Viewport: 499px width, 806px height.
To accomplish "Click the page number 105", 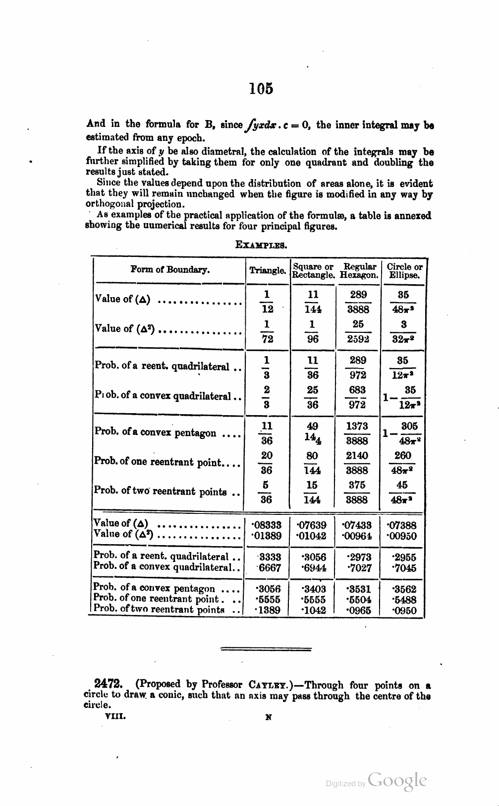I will coord(261,89).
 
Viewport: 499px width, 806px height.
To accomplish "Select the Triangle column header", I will coord(268,271).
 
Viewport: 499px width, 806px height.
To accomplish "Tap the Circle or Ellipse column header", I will coord(404,271).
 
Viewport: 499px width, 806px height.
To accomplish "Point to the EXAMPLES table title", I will coord(262,245).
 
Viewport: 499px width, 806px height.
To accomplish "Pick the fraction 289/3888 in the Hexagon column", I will coord(358,302).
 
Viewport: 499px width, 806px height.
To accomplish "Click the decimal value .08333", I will coord(267,525).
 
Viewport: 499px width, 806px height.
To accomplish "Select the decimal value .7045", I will coord(404,568).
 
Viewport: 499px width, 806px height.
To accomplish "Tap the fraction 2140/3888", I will coord(357,462).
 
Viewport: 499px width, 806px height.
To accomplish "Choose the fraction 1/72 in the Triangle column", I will coord(267,331).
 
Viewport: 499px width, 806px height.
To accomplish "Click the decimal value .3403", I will coord(313,589).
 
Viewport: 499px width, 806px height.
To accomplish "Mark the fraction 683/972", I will coord(357,397).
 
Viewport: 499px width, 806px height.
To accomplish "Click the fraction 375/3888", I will coord(357,492).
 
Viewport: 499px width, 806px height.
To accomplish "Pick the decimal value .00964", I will coord(358,536).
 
